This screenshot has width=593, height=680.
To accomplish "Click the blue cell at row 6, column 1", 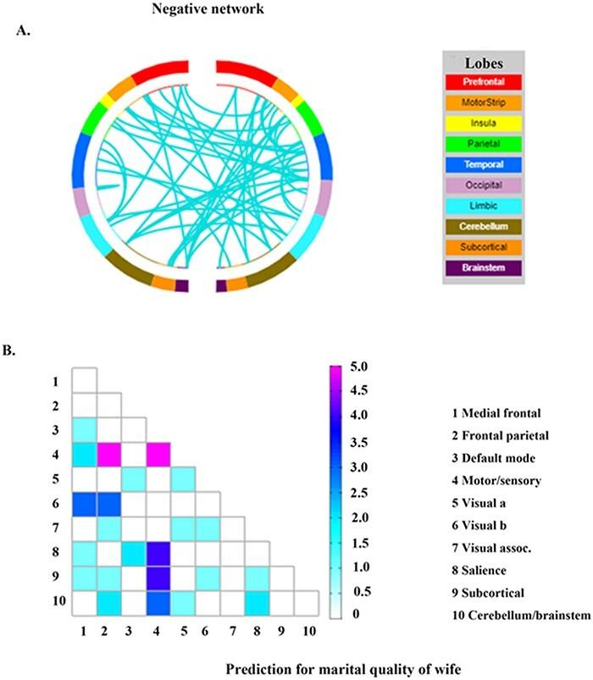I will pos(83,505).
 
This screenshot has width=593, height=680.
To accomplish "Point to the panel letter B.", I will pos(21,346).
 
